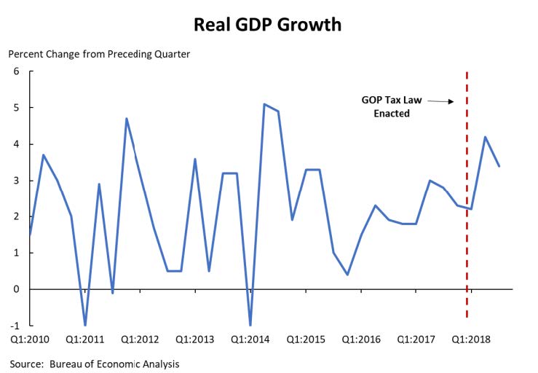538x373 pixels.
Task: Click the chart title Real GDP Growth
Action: click(x=269, y=25)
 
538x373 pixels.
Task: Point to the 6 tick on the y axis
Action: click(x=16, y=71)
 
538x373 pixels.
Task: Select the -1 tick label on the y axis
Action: click(x=15, y=326)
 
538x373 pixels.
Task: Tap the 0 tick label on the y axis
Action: click(x=16, y=289)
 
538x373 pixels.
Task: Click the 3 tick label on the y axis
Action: click(x=16, y=181)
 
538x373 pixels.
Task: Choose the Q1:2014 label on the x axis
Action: click(x=250, y=340)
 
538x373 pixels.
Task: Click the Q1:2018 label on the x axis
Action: click(x=472, y=340)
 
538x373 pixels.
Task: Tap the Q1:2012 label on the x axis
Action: click(x=141, y=340)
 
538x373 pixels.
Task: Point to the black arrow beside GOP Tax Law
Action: click(x=440, y=102)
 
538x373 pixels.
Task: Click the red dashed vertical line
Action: click(x=467, y=219)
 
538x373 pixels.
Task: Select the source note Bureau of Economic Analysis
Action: click(x=95, y=364)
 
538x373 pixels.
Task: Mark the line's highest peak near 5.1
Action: click(x=264, y=104)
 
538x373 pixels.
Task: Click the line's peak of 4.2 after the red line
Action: click(x=485, y=137)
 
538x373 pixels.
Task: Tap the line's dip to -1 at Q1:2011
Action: click(x=85, y=325)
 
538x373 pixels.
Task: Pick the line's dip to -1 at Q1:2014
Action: click(x=250, y=325)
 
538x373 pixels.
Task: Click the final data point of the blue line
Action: click(x=499, y=166)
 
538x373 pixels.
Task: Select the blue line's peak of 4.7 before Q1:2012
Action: click(x=127, y=119)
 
